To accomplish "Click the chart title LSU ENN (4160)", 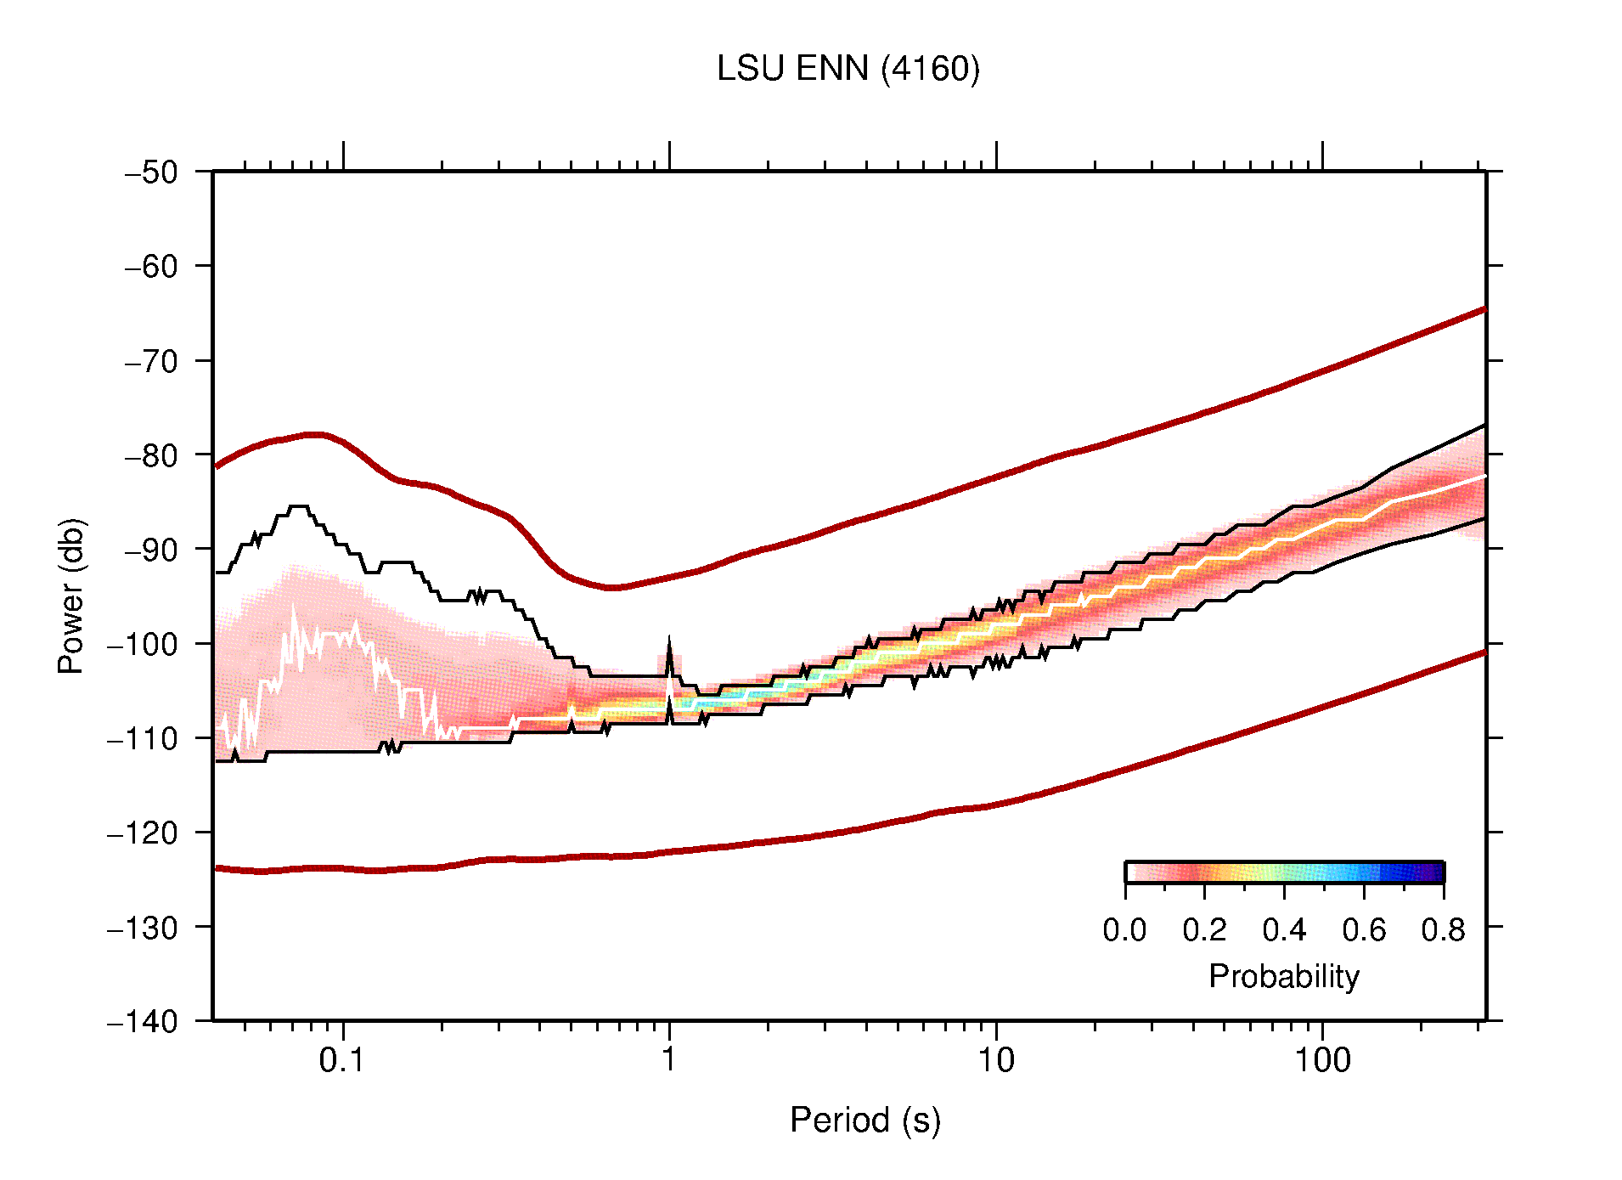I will [x=848, y=69].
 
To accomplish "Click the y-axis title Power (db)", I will [x=71, y=596].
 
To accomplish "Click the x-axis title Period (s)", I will [x=865, y=1121].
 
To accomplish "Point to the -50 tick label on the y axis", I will [x=152, y=172].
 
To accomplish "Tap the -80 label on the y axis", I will [x=152, y=455].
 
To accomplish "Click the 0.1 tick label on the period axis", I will [x=341, y=1060].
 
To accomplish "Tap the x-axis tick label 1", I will [x=669, y=1060].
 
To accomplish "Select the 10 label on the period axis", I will [x=995, y=1060].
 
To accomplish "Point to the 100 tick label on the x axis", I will [x=1322, y=1060].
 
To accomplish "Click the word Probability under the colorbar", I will [x=1283, y=977].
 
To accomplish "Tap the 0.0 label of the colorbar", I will [x=1124, y=931].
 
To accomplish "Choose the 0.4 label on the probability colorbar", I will [x=1284, y=931].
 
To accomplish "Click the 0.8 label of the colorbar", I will [x=1443, y=931].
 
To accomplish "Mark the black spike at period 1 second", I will [x=669, y=654].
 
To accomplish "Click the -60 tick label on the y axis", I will [x=152, y=267].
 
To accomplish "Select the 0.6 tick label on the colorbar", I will [x=1364, y=931].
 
